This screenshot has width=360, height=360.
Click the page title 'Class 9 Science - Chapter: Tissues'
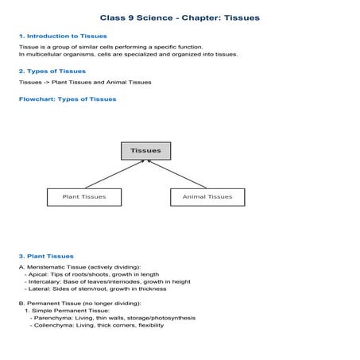point(180,17)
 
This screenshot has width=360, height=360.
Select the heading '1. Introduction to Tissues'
point(62,37)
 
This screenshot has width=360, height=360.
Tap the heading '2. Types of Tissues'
point(52,71)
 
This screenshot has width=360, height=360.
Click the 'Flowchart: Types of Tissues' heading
point(67,99)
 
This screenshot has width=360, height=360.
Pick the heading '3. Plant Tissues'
point(46,256)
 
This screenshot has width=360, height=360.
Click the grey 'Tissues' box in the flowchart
point(145,150)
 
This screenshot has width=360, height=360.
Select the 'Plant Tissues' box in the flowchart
point(83,196)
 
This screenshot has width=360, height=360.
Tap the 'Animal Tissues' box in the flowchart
point(207,196)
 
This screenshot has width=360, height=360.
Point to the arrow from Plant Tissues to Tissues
point(114,173)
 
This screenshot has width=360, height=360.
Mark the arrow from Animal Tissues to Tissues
point(176,173)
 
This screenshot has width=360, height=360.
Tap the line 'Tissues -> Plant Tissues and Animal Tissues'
point(85,82)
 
